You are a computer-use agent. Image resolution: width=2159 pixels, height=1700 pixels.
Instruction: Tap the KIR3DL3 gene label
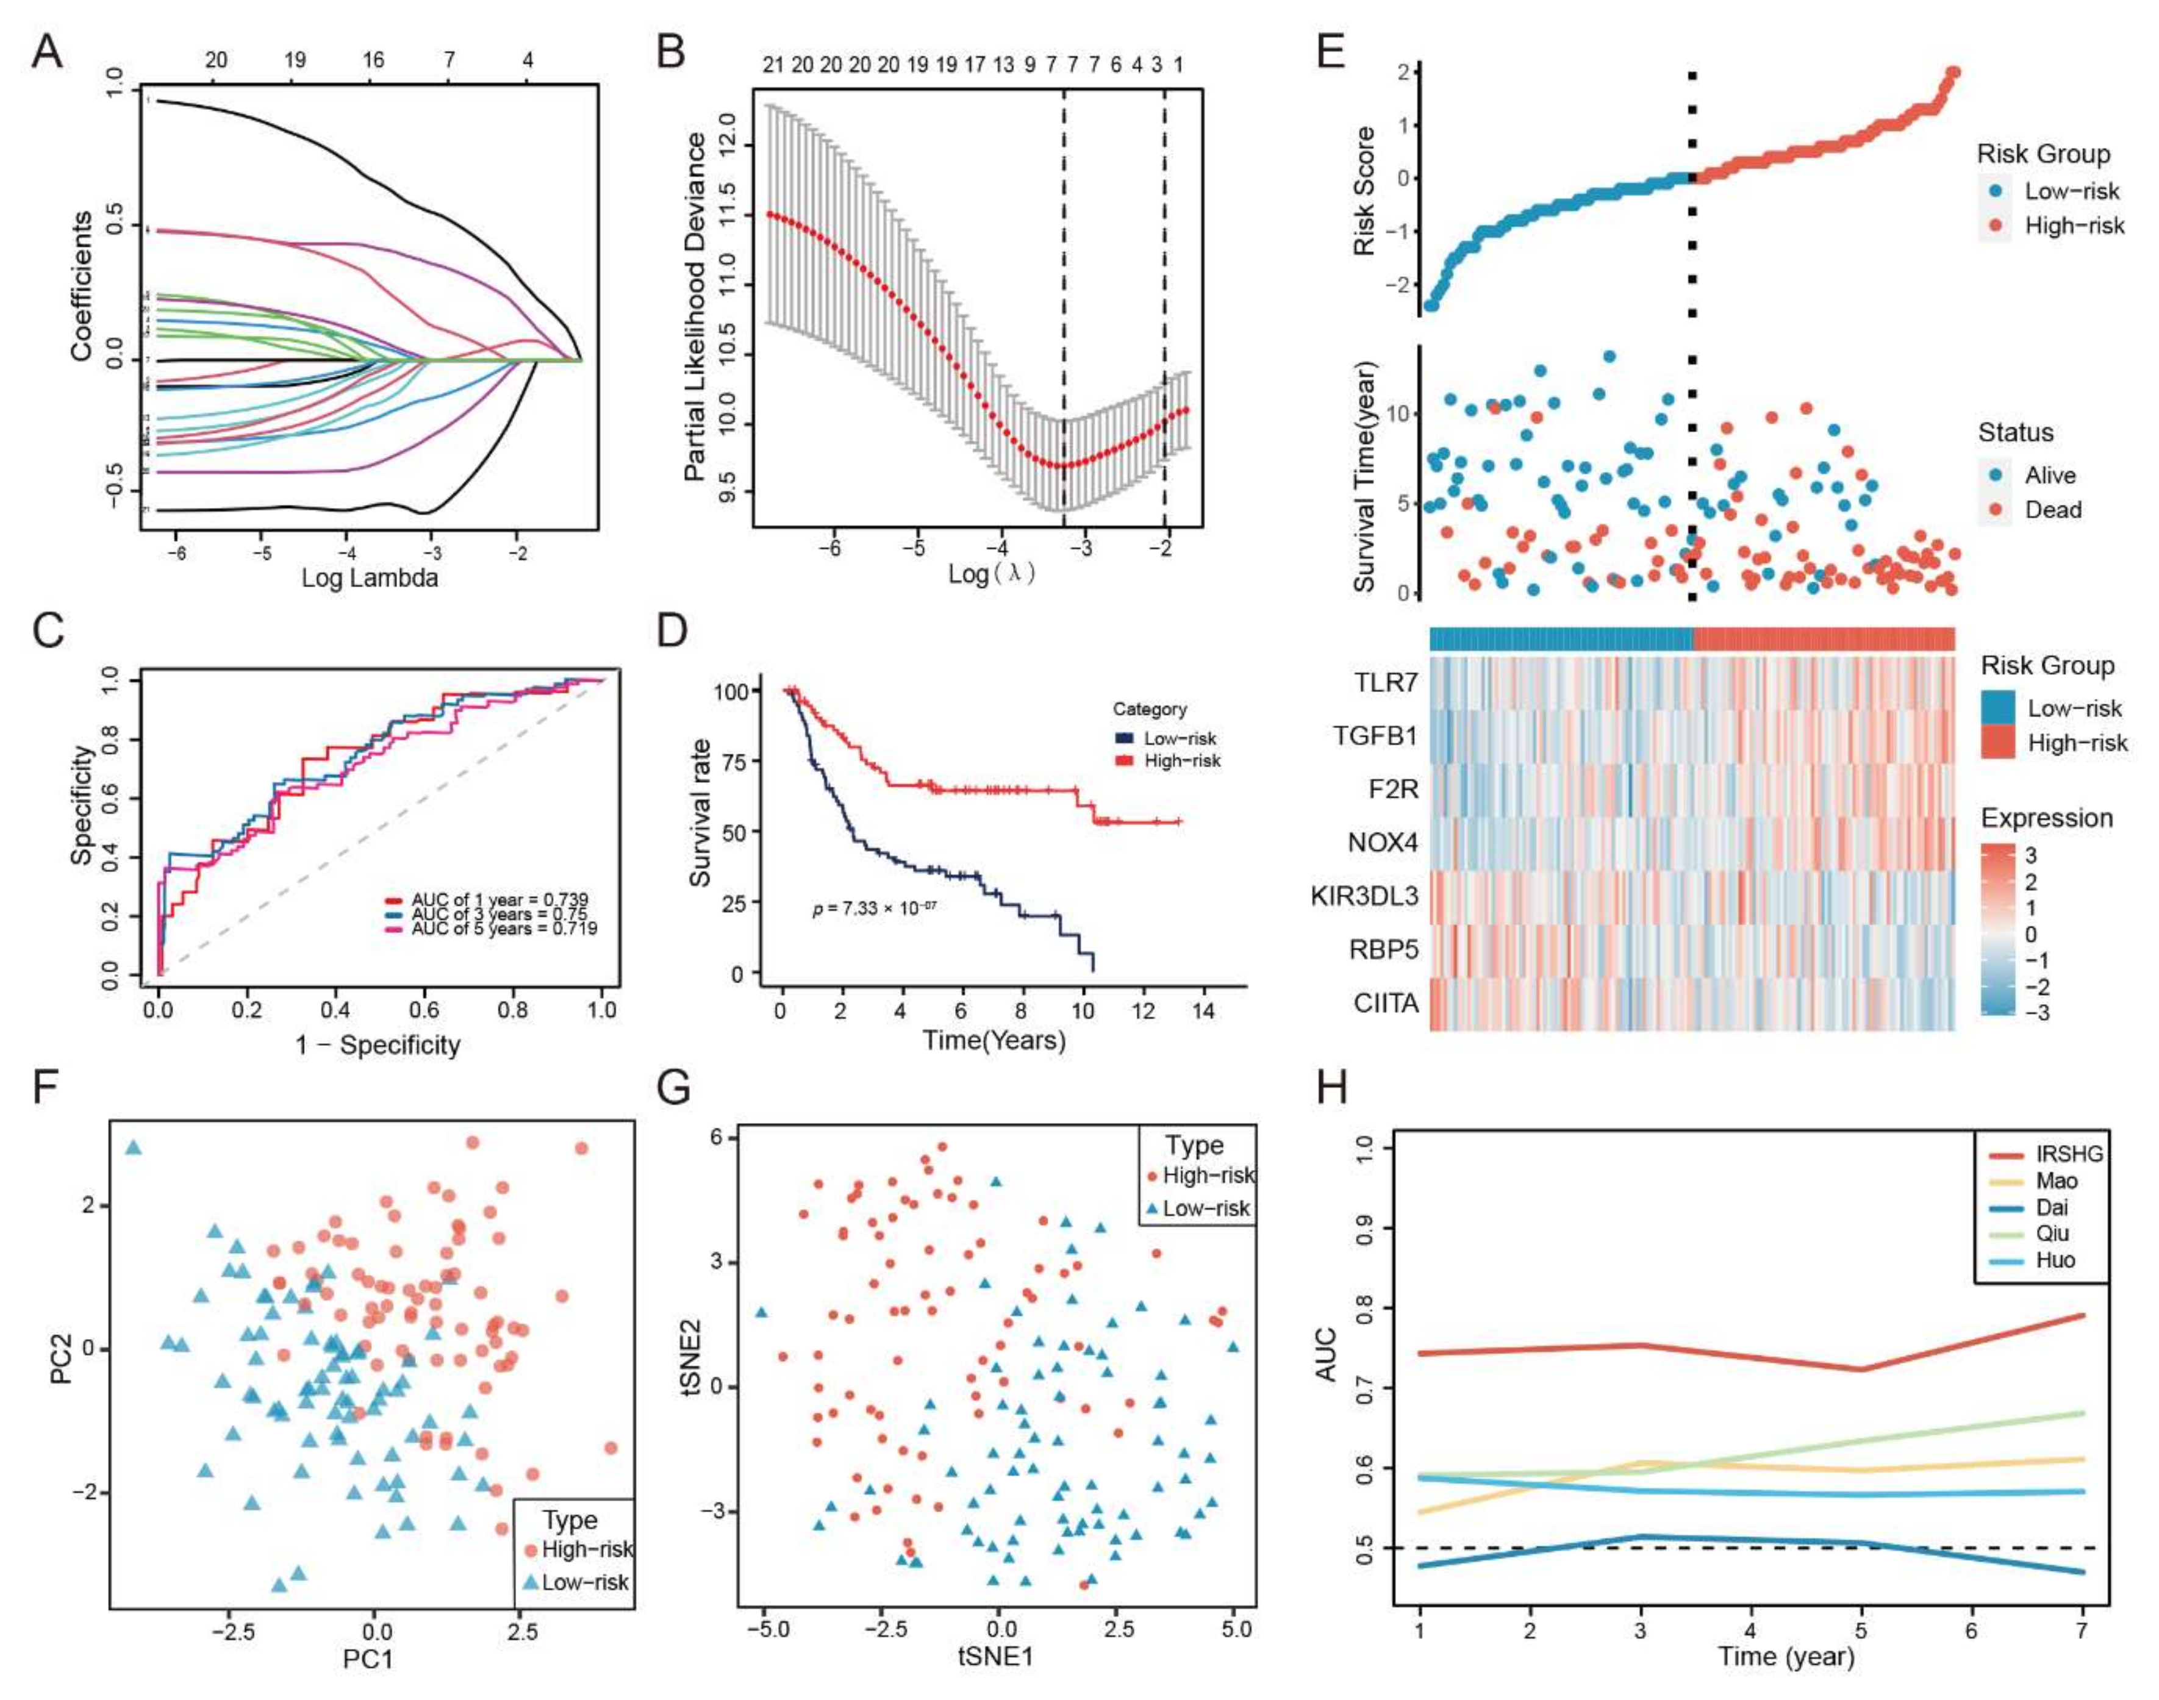coord(1364,896)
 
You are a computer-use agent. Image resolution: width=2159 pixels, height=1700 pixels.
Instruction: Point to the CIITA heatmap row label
coord(1386,1002)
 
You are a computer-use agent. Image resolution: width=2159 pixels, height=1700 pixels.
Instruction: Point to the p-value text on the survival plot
coord(874,908)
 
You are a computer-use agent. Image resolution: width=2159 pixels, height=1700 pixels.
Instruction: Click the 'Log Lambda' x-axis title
coord(370,577)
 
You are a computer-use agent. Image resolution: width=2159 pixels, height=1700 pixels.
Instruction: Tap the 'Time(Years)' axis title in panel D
coord(994,1041)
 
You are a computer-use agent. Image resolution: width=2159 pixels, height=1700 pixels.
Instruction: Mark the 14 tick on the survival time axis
coord(1203,1011)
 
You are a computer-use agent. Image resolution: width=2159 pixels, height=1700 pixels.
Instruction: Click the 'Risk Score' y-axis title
coord(1364,191)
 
